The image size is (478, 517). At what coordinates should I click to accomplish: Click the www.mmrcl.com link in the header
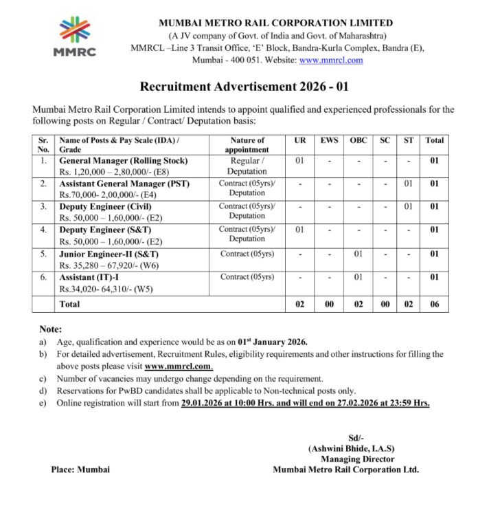click(x=331, y=60)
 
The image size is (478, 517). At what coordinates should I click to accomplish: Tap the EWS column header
click(x=329, y=140)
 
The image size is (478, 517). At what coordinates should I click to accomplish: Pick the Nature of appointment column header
click(x=247, y=144)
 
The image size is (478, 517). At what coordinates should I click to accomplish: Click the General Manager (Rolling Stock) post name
click(x=124, y=161)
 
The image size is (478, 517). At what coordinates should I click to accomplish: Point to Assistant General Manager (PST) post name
click(x=124, y=184)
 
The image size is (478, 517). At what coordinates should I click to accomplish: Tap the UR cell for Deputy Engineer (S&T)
click(x=300, y=230)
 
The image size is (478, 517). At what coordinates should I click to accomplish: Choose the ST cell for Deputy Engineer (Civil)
click(x=409, y=206)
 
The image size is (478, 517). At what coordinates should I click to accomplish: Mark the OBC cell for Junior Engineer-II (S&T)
click(x=358, y=254)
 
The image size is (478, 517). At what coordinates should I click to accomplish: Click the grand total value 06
click(x=434, y=304)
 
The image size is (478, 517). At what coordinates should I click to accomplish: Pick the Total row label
click(x=69, y=304)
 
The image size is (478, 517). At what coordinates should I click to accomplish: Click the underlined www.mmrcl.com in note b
click(x=178, y=366)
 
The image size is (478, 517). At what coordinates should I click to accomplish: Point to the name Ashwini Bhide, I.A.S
click(x=352, y=448)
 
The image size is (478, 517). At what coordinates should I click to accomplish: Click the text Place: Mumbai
click(x=80, y=470)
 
